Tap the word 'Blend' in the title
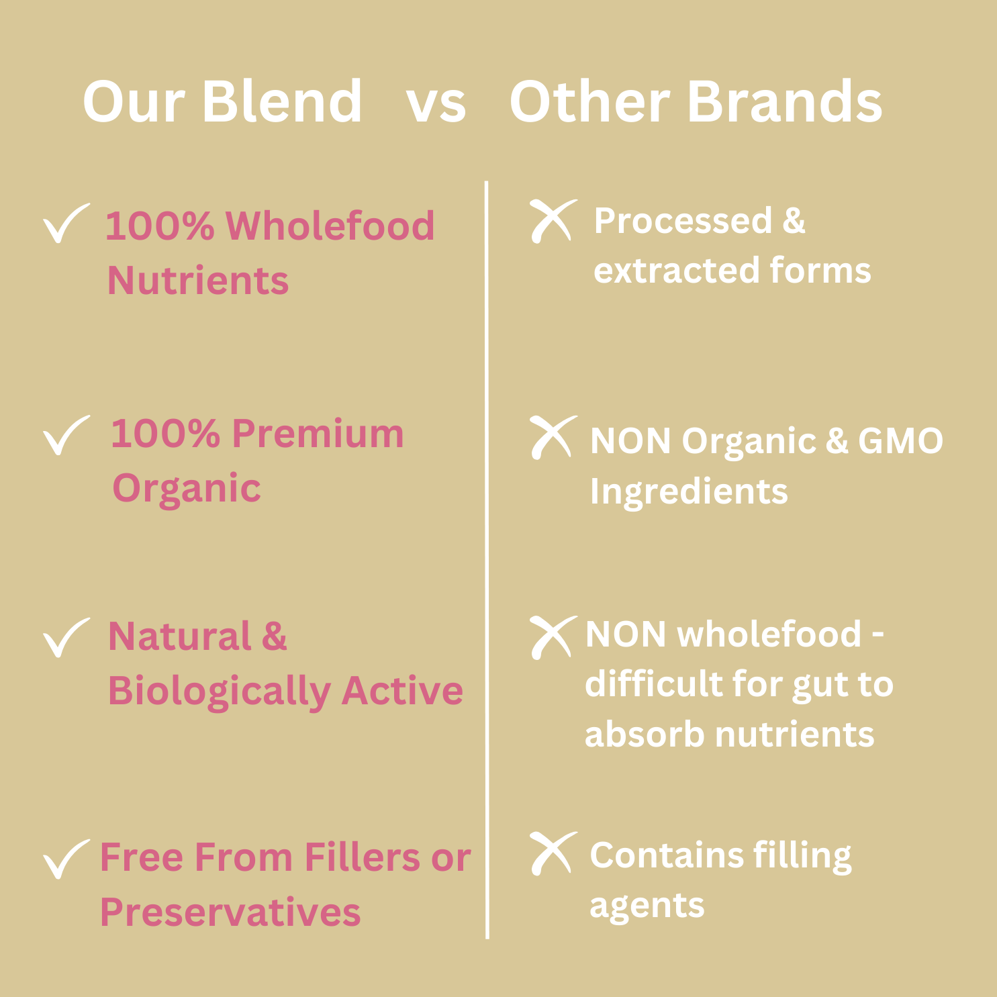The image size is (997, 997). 282,101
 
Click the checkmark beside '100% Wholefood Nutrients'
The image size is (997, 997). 64,222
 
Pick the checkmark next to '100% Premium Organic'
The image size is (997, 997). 64,434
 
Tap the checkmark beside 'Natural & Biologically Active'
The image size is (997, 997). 64,637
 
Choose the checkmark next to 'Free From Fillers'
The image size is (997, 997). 64,859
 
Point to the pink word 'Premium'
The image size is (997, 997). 318,433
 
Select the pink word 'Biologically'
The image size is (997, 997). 219,692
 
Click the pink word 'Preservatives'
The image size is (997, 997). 230,912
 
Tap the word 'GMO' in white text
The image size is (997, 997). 900,441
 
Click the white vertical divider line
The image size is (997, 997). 487,559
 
